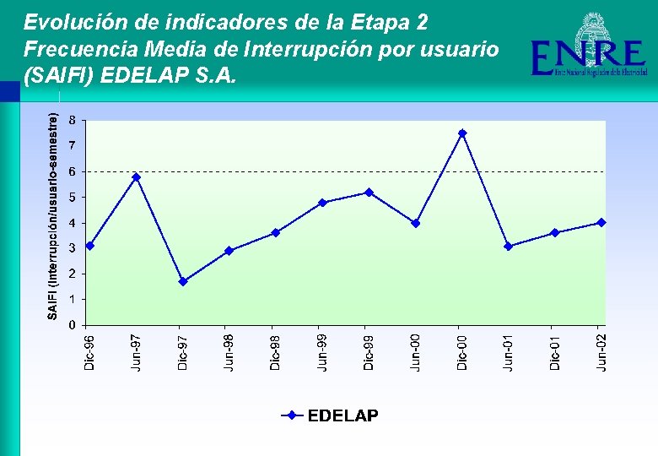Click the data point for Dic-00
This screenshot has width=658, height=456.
tap(462, 133)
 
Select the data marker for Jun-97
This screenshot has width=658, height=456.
tap(136, 177)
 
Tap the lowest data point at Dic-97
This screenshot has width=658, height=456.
tap(182, 281)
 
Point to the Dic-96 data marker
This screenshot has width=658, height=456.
tap(90, 246)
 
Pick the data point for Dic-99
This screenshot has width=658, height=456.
tap(369, 193)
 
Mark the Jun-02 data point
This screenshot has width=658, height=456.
tap(601, 222)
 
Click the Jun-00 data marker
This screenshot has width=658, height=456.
tap(415, 223)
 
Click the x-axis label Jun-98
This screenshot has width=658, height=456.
tap(229, 351)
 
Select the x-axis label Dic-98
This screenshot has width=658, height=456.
tap(275, 351)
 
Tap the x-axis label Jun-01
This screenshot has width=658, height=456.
tap(508, 351)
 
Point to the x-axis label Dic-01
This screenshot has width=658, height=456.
tap(554, 351)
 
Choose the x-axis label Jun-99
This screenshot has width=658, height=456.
tap(321, 351)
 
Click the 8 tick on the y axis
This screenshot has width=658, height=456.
tap(72, 121)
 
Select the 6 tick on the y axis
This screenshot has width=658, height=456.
tap(72, 171)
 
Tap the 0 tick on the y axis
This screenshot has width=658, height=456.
tap(72, 325)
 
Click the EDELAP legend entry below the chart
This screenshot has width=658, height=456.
tap(331, 415)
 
